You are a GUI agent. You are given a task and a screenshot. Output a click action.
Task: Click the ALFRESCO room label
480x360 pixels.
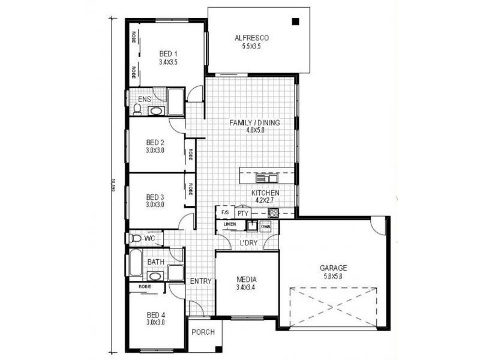click(x=251, y=38)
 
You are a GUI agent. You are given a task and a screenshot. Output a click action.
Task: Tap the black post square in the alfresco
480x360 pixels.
click(x=295, y=22)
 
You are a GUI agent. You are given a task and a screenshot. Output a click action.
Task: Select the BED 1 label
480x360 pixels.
click(x=169, y=53)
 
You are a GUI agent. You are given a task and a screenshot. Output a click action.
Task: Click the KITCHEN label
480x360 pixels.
click(x=265, y=193)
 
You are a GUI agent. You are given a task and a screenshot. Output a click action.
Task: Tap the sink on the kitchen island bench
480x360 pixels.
click(x=266, y=178)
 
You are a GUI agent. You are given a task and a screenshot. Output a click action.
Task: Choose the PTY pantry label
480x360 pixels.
click(x=243, y=213)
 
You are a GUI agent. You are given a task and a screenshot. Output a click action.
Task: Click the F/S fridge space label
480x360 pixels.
click(x=225, y=212)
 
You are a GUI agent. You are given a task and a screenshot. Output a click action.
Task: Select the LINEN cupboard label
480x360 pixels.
click(x=230, y=225)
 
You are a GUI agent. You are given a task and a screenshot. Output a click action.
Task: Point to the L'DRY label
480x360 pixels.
click(x=248, y=244)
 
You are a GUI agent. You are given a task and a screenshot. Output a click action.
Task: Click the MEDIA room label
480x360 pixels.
click(x=247, y=280)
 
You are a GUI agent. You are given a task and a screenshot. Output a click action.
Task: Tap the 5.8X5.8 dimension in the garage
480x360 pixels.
click(x=333, y=277)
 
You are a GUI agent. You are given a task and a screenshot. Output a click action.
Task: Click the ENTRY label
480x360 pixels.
click(x=200, y=281)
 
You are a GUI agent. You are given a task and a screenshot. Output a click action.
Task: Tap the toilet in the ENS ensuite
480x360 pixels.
click(x=137, y=109)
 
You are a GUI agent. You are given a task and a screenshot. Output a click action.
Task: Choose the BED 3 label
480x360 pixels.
click(x=155, y=197)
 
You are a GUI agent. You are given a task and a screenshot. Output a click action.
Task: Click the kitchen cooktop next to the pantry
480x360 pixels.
click(x=273, y=213)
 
